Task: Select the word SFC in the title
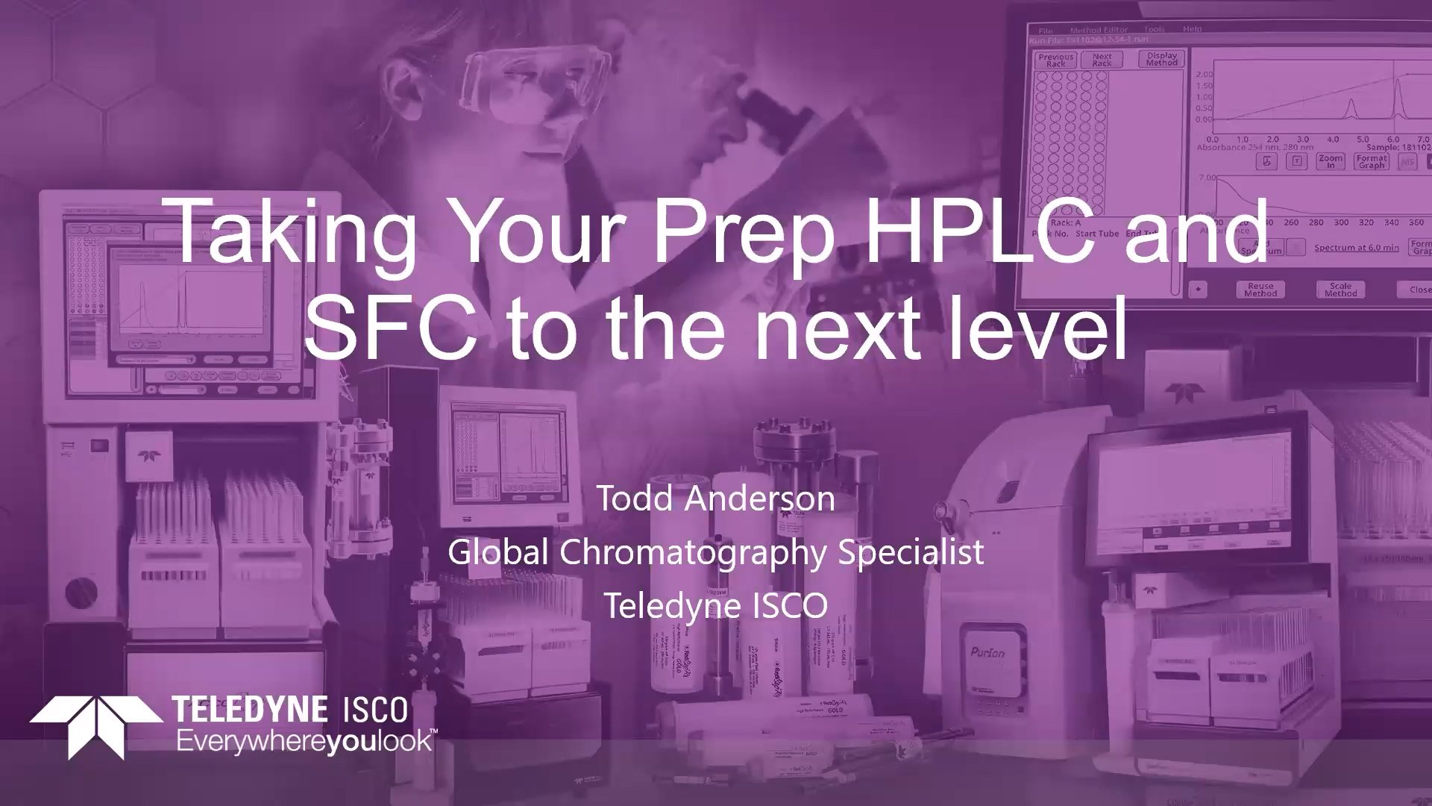(x=389, y=327)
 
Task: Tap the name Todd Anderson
(x=715, y=499)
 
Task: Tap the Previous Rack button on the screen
(x=1055, y=60)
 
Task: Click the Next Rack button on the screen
(x=1102, y=60)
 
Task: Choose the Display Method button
(x=1161, y=59)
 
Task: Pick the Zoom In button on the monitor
(x=1330, y=161)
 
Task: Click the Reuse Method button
(x=1260, y=290)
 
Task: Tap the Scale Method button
(x=1340, y=290)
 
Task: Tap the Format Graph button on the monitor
(x=1371, y=161)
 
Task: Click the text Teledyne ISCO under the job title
(x=715, y=605)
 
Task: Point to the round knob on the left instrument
(x=81, y=593)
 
